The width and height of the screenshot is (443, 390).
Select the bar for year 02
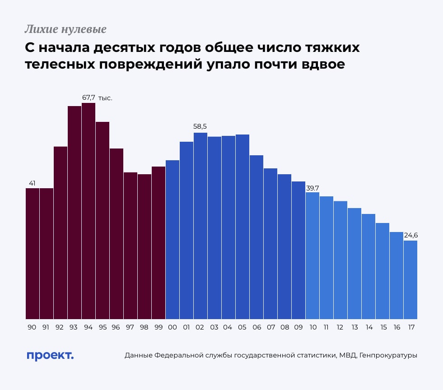click(x=201, y=226)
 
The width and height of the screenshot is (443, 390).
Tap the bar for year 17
click(x=410, y=280)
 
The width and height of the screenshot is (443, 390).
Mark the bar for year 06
click(x=256, y=237)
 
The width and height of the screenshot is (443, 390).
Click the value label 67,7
click(x=89, y=97)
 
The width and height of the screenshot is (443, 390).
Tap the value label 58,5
click(x=201, y=127)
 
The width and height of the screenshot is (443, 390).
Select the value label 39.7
click(x=312, y=188)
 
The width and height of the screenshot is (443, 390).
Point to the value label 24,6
click(x=410, y=235)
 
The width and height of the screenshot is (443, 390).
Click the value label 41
click(x=32, y=183)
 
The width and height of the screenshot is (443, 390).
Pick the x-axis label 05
click(x=242, y=327)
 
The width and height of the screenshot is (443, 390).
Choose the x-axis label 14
click(x=368, y=327)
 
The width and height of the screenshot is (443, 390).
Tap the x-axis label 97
click(x=131, y=327)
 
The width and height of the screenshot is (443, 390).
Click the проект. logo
click(x=50, y=355)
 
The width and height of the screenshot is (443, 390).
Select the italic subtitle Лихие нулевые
click(x=65, y=30)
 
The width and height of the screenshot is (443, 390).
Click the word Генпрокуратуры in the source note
click(x=389, y=356)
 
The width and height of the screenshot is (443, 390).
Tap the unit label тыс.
click(x=105, y=97)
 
